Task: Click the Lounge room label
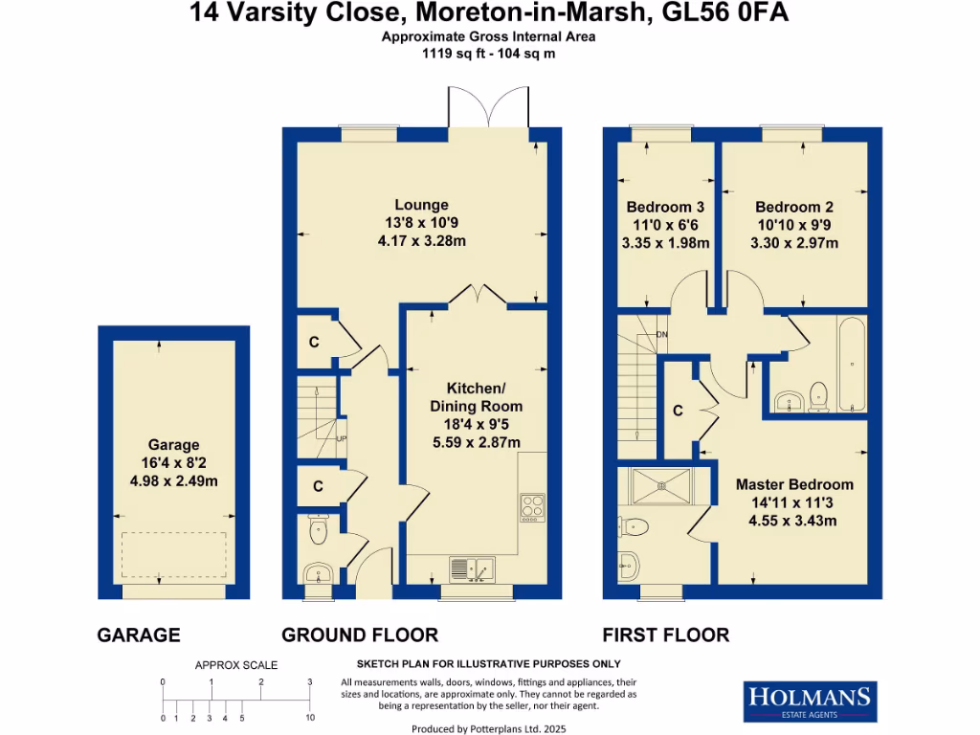pyautogui.click(x=421, y=205)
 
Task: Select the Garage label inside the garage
pyautogui.click(x=174, y=445)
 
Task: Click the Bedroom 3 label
pyautogui.click(x=665, y=207)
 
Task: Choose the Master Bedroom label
pyautogui.click(x=793, y=484)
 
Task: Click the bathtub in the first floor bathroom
pyautogui.click(x=851, y=364)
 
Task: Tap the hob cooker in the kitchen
pyautogui.click(x=531, y=507)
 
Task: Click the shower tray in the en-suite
pyautogui.click(x=660, y=486)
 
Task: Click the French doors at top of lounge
pyautogui.click(x=488, y=107)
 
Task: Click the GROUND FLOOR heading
pyautogui.click(x=359, y=635)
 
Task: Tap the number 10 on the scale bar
pyautogui.click(x=310, y=717)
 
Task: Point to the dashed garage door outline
pyautogui.click(x=174, y=554)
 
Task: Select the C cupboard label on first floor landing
pyautogui.click(x=678, y=412)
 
